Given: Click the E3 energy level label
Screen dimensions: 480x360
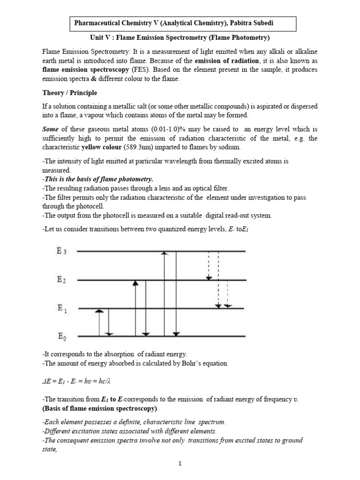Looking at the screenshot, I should point(62,251).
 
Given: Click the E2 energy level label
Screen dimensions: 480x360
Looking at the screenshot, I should point(62,280).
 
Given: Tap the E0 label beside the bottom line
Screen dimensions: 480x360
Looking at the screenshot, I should point(62,336).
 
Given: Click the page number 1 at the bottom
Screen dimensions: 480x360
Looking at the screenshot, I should point(180,464).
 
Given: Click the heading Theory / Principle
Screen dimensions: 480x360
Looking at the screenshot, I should point(70,93).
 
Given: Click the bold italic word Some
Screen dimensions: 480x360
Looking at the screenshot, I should point(51,129).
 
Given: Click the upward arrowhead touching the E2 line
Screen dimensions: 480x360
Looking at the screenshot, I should point(135,283).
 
